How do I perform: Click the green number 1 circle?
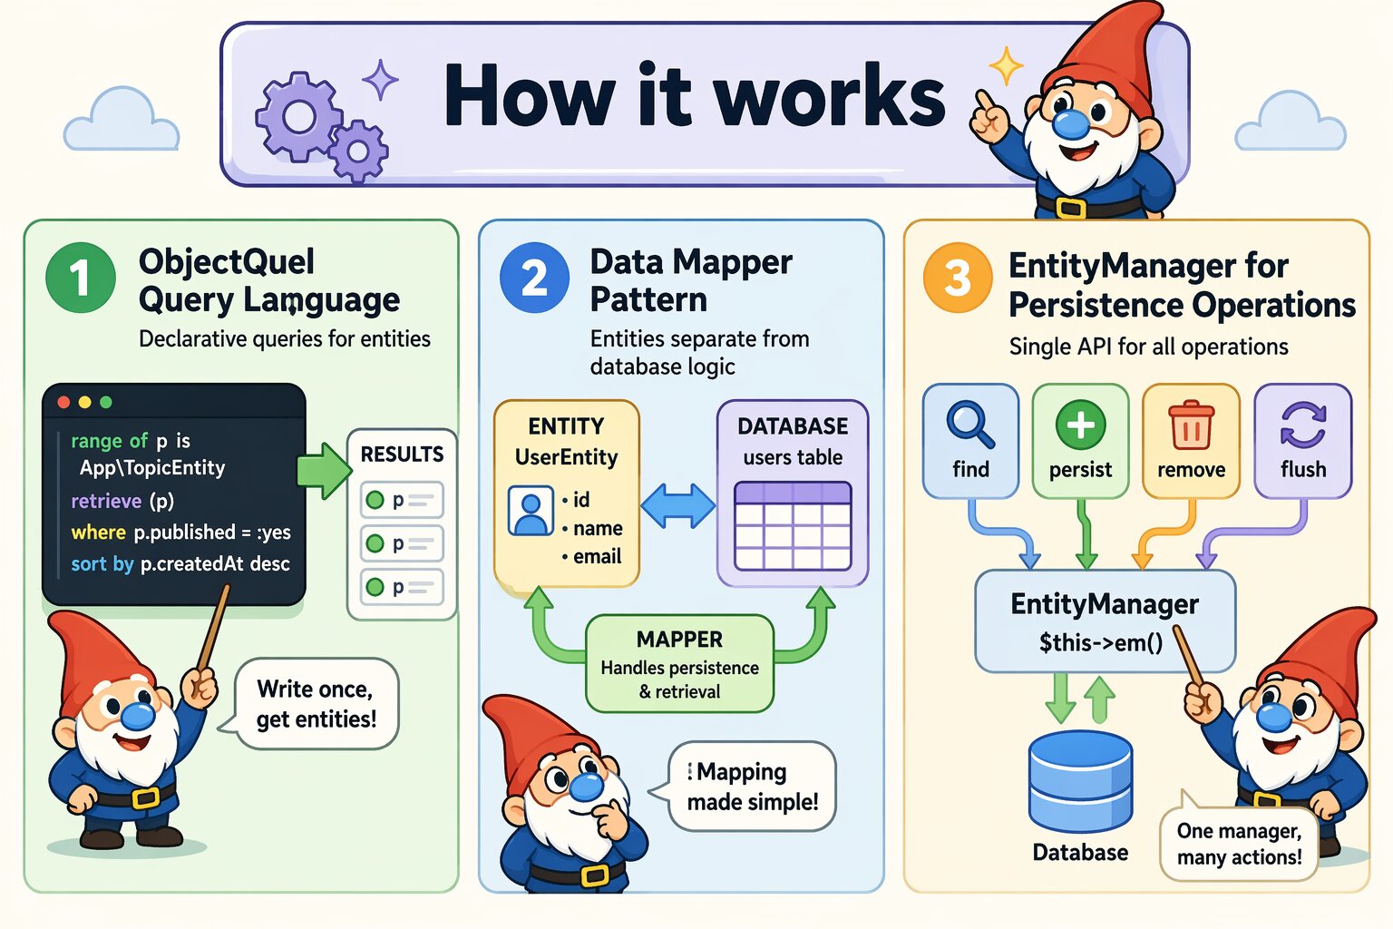coord(81,278)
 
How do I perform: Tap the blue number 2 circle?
coord(534,278)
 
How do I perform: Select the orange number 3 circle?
coord(958,278)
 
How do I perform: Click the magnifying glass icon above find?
coord(970,425)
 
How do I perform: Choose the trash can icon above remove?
coord(1191,425)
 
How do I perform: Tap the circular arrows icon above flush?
coord(1303,425)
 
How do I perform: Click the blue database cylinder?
coord(1080,781)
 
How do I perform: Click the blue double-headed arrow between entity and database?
coord(678,505)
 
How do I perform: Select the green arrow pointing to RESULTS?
coord(324,470)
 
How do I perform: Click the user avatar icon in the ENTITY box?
coord(531,511)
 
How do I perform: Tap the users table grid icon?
coord(793,526)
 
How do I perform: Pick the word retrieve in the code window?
coord(106,501)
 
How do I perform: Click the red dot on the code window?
coord(63,402)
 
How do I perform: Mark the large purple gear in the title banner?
coord(297,117)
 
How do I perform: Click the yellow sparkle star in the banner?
coord(1006,66)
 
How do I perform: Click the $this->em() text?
coord(1100,643)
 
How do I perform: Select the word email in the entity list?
coord(597,556)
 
